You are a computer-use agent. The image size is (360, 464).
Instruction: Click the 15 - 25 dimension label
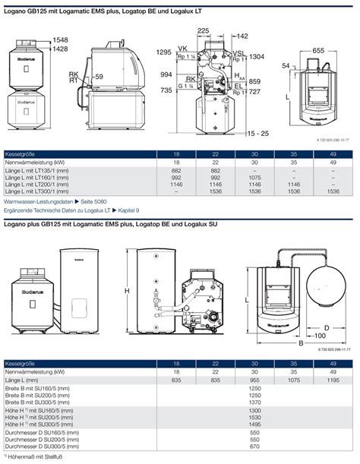259,133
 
